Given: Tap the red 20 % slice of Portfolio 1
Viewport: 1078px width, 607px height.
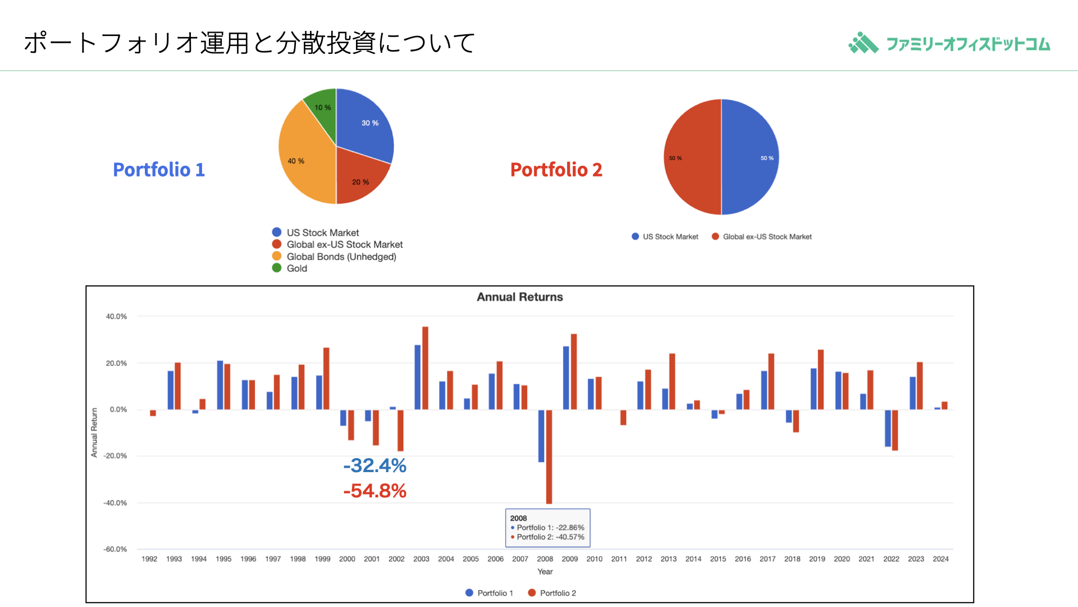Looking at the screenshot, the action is pyautogui.click(x=359, y=179).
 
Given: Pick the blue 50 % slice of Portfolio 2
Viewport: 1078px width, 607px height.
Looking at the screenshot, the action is pyautogui.click(x=750, y=157).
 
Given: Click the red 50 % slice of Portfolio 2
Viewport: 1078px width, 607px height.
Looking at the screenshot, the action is pyautogui.click(x=692, y=157).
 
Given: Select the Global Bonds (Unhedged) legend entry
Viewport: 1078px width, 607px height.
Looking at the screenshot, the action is pyautogui.click(x=334, y=256).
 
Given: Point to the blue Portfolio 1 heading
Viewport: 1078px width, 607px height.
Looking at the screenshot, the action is pyautogui.click(x=159, y=169).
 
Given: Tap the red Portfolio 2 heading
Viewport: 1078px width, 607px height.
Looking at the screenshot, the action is pyautogui.click(x=556, y=169).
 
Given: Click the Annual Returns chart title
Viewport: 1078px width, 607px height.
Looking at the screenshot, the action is pyautogui.click(x=520, y=297).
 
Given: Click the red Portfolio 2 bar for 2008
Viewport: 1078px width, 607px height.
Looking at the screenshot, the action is pyautogui.click(x=549, y=456).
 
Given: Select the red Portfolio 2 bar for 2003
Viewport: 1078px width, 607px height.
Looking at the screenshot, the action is pyautogui.click(x=425, y=368).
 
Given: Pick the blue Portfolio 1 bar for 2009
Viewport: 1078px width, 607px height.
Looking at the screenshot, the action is pyautogui.click(x=566, y=378).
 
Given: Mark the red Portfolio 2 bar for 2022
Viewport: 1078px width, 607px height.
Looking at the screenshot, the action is pyautogui.click(x=895, y=430).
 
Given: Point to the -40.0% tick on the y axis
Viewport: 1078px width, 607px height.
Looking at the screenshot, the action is pyautogui.click(x=115, y=502).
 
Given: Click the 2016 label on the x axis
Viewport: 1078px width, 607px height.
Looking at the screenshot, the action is pyautogui.click(x=743, y=559).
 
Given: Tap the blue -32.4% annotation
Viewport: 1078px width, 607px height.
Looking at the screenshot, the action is pyautogui.click(x=374, y=465).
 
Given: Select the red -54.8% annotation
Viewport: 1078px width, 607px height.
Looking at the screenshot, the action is pyautogui.click(x=374, y=491).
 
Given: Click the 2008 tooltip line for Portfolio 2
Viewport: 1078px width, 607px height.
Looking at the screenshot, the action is pyautogui.click(x=547, y=537).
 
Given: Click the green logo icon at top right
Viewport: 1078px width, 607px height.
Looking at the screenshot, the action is pyautogui.click(x=864, y=43).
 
